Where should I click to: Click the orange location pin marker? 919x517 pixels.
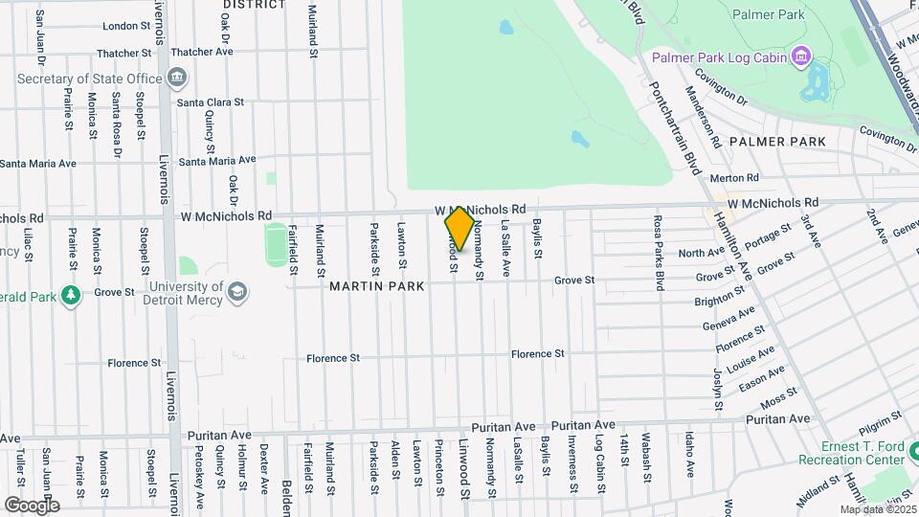(459, 228)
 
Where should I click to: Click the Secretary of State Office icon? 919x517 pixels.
(178, 77)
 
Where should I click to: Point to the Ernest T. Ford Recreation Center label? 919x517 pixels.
(852, 454)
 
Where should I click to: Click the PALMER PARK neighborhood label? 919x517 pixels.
(776, 142)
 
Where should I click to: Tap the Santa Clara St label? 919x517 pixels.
(212, 101)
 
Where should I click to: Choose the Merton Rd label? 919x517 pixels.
(733, 177)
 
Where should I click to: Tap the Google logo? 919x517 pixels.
(32, 505)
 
